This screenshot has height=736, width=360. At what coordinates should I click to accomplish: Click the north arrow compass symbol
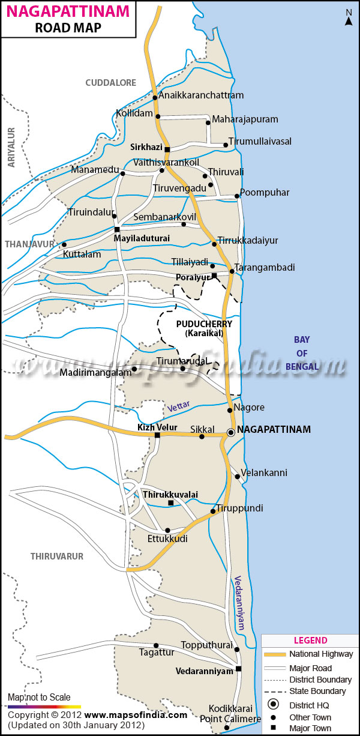[349, 19]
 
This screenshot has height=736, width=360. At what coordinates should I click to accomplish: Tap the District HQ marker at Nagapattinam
[231, 432]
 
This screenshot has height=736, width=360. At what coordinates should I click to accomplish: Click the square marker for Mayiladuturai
[117, 229]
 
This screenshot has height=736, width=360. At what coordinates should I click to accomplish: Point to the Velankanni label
[264, 472]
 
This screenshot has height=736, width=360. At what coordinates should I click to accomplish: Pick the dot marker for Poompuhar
[236, 196]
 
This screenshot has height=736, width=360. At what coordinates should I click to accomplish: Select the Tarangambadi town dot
[232, 271]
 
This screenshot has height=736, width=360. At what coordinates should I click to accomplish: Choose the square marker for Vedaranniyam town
[238, 669]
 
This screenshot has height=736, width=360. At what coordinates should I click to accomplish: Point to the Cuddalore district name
[111, 83]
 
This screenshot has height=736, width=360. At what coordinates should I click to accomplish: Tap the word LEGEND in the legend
[310, 641]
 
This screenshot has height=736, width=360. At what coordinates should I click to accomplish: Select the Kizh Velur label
[154, 427]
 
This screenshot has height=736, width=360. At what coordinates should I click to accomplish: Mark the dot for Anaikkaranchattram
[155, 97]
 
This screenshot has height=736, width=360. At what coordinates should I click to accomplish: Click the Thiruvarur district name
[57, 557]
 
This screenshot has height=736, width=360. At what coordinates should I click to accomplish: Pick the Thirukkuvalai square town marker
[171, 502]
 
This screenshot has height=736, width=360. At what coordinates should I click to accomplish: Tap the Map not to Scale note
[39, 697]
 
